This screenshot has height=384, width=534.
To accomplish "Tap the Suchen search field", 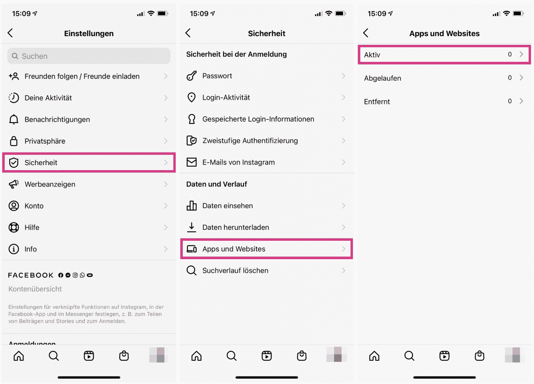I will [89, 56].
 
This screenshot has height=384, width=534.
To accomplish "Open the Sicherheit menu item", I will [41, 163].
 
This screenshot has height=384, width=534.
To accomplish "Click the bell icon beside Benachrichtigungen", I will [14, 119].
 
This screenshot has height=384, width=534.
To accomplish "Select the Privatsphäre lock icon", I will [14, 141].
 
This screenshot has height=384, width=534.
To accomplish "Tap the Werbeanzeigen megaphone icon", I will [14, 184].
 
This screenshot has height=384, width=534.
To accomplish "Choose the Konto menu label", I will [34, 206].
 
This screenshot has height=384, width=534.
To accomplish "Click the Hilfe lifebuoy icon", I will [14, 227].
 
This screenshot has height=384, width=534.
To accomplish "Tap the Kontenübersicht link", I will [35, 289].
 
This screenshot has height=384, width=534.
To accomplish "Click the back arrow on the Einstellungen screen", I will [10, 33].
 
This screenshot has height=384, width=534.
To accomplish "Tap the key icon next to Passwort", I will [191, 76].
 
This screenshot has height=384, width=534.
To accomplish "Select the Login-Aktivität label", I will [226, 98].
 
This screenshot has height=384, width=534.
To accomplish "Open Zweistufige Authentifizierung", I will [250, 141].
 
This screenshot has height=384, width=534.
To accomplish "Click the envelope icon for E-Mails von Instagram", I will [191, 162].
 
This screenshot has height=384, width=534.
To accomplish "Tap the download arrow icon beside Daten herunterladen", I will [191, 227].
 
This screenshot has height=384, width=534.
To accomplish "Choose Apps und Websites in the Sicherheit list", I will [234, 249].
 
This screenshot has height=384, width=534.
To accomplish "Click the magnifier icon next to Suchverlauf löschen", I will [191, 270].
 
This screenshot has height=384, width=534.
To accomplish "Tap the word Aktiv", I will [372, 55].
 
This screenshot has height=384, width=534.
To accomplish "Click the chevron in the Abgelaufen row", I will [521, 78].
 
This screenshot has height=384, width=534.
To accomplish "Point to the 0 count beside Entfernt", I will [510, 101].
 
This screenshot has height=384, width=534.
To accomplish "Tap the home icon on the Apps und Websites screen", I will [374, 356].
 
